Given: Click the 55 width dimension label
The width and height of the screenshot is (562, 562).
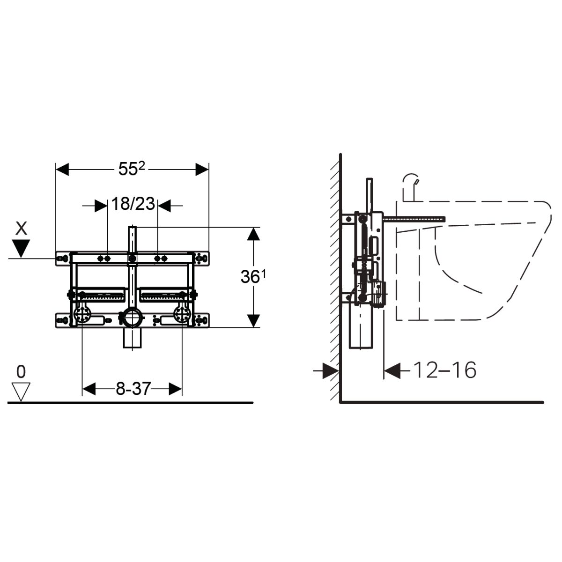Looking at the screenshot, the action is click(132, 169).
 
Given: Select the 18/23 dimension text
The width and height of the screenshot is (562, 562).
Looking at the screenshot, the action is click(133, 204).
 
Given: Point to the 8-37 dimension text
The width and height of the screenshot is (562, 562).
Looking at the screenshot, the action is click(133, 388).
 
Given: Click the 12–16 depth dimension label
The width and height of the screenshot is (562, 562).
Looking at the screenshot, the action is click(445, 370).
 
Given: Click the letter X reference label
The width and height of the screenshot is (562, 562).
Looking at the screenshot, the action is click(21, 228).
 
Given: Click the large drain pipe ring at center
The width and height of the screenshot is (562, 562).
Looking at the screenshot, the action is click(133, 318).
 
